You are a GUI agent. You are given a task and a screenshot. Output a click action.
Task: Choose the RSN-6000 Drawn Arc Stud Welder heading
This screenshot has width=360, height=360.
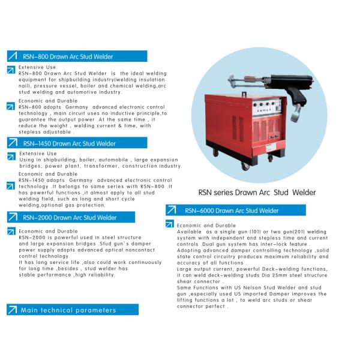pyautogui.click(x=232, y=211)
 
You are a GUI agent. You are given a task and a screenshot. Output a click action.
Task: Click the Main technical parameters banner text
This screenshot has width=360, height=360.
pyautogui.click(x=68, y=310)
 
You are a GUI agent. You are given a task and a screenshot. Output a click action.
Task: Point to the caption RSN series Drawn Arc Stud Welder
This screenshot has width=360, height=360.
pyautogui.click(x=257, y=193)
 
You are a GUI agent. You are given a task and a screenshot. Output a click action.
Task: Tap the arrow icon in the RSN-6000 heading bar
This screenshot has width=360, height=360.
pyautogui.click(x=172, y=211)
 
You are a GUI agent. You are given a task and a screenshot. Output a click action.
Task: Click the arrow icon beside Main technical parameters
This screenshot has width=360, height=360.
pyautogui.click(x=12, y=310)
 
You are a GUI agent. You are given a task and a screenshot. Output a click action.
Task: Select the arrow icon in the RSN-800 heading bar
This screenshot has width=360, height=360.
pyautogui.click(x=12, y=56)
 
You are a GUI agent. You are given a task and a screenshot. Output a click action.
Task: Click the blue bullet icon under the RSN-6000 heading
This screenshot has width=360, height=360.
pyautogui.click(x=170, y=224)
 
